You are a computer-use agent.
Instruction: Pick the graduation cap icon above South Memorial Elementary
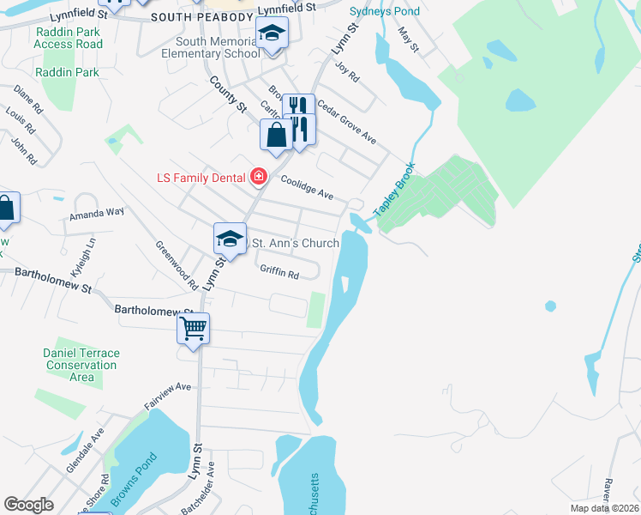(x=272, y=33)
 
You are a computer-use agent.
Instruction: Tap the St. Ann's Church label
(x=293, y=243)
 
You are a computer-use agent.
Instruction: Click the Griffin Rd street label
(x=279, y=275)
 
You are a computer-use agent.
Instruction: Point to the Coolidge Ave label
(x=308, y=194)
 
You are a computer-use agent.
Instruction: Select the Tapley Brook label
(x=394, y=190)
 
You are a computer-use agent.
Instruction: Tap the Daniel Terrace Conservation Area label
(x=81, y=365)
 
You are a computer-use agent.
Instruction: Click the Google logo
(x=28, y=504)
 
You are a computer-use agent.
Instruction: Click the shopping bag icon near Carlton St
(x=276, y=135)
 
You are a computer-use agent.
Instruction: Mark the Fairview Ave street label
(x=167, y=395)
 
